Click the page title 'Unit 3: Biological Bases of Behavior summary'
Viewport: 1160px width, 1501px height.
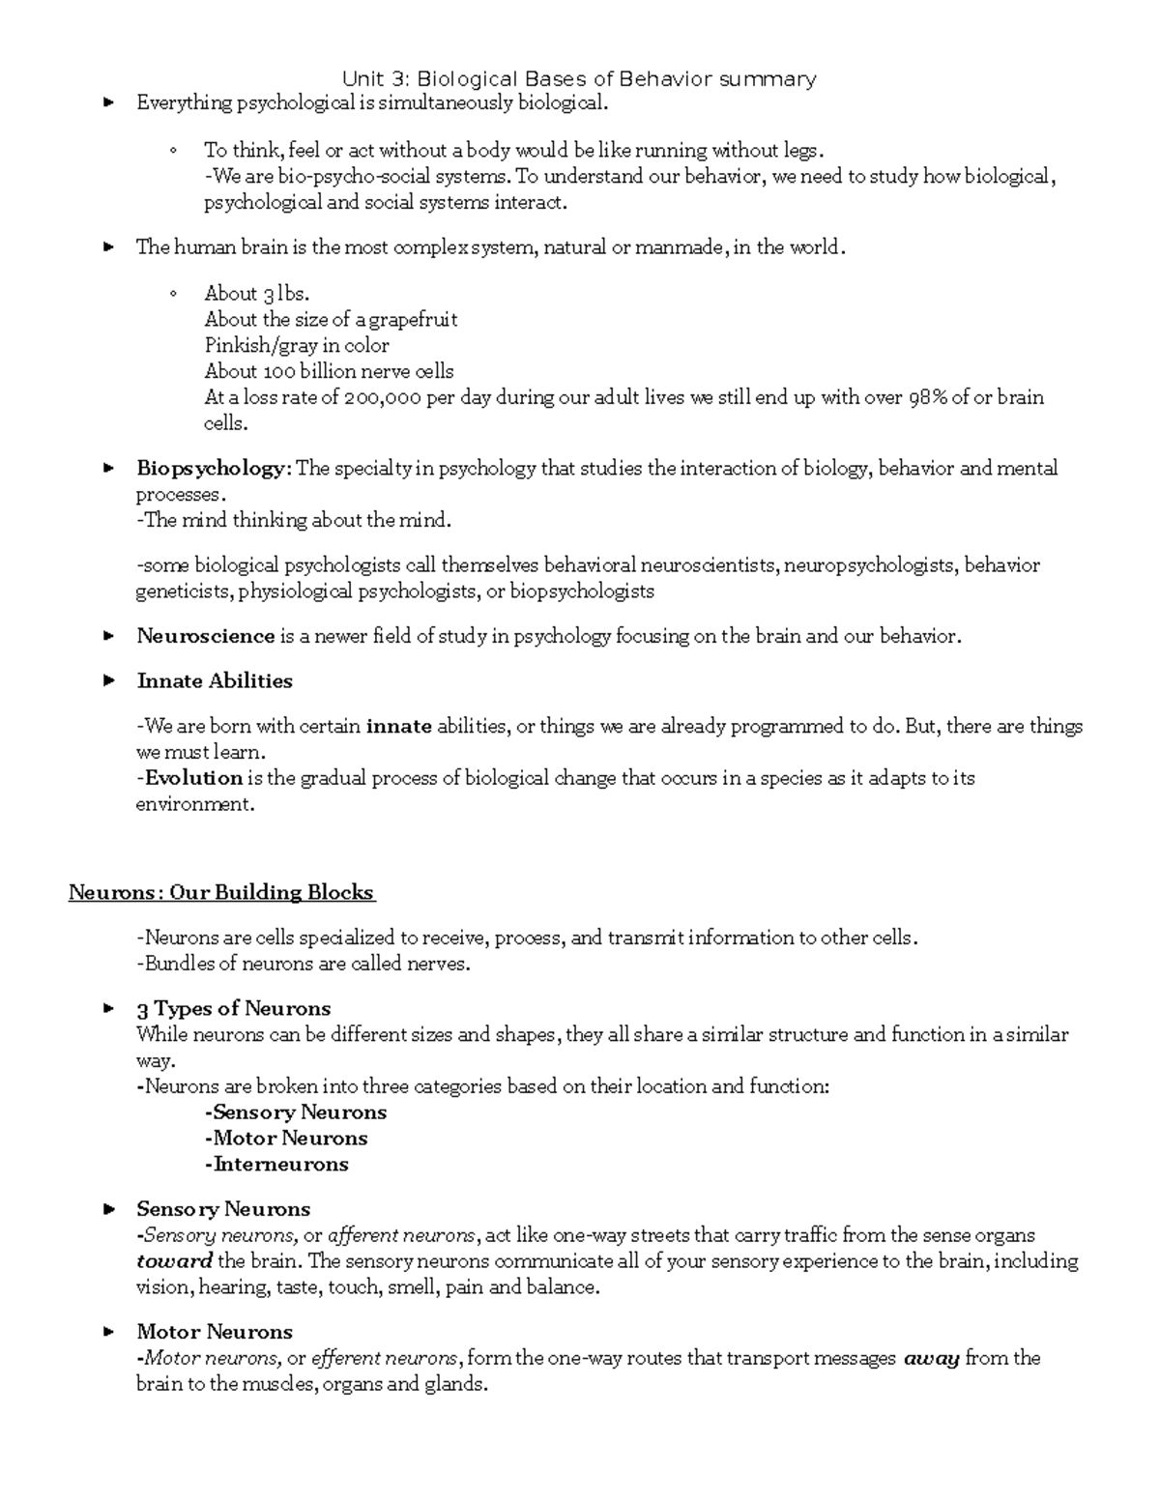coord(580,79)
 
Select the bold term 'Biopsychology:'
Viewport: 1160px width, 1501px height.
coord(214,470)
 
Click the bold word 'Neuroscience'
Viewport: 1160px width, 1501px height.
coord(206,637)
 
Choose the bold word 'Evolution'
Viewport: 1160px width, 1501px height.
coord(193,778)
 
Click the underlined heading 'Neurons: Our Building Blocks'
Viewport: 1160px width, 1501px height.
coord(221,893)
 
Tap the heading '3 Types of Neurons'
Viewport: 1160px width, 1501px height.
coord(234,1009)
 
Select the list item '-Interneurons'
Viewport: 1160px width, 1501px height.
coord(276,1165)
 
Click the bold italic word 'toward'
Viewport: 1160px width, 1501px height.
coord(175,1261)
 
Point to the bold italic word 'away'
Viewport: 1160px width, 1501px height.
coord(931,1359)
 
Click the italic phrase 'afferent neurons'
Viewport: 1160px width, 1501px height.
coord(402,1235)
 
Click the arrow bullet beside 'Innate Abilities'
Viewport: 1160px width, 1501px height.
coord(109,681)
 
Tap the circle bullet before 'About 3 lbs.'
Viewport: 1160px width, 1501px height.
coord(174,294)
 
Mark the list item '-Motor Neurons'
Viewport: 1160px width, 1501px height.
coord(286,1139)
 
